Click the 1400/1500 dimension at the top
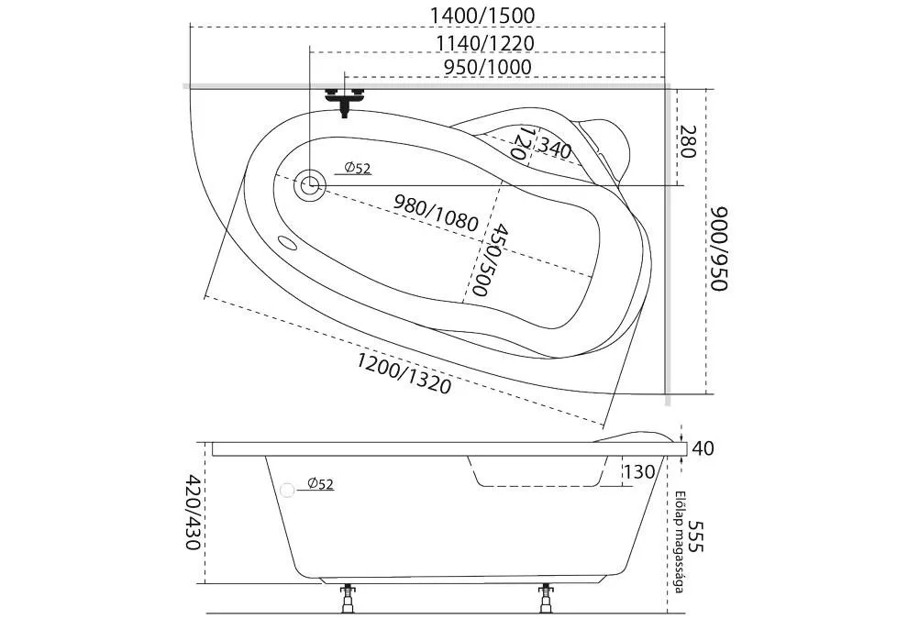coord(482,16)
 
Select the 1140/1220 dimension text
coord(485,42)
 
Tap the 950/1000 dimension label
coord(487,67)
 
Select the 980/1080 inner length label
coord(436,212)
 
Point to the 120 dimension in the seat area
coord(520,145)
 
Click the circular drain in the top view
coord(309,184)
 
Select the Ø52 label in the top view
coord(358,168)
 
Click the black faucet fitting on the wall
coord(345,100)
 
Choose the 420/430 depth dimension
coord(192,512)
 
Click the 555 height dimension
coord(696,536)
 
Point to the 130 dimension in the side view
coord(638,472)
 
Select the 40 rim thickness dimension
coord(703,448)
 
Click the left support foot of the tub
coord(349,600)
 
